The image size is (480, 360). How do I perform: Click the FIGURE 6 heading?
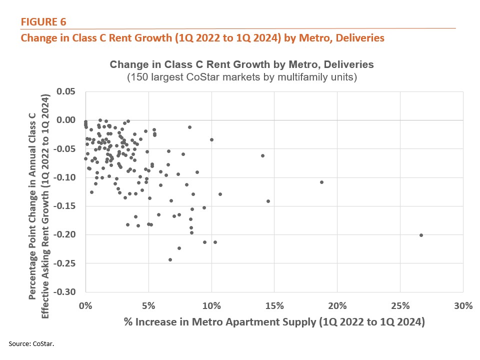[x=43, y=21]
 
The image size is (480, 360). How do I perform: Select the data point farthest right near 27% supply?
[x=421, y=235]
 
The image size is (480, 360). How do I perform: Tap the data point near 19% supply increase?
[x=321, y=182]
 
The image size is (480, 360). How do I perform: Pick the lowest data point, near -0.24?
[x=170, y=259]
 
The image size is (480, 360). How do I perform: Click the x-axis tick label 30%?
[x=462, y=306]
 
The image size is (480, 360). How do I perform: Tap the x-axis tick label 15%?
[x=274, y=306]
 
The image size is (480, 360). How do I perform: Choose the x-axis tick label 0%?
[x=86, y=306]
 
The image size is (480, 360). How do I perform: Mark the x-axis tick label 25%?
[x=399, y=306]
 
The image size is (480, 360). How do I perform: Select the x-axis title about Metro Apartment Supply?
[x=274, y=322]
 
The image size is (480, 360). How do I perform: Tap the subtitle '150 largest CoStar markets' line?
[x=241, y=77]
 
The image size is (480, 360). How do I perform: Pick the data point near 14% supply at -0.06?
[x=262, y=155]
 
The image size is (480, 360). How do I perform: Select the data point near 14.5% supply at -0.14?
[x=268, y=201]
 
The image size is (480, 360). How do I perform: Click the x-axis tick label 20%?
[x=337, y=306]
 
